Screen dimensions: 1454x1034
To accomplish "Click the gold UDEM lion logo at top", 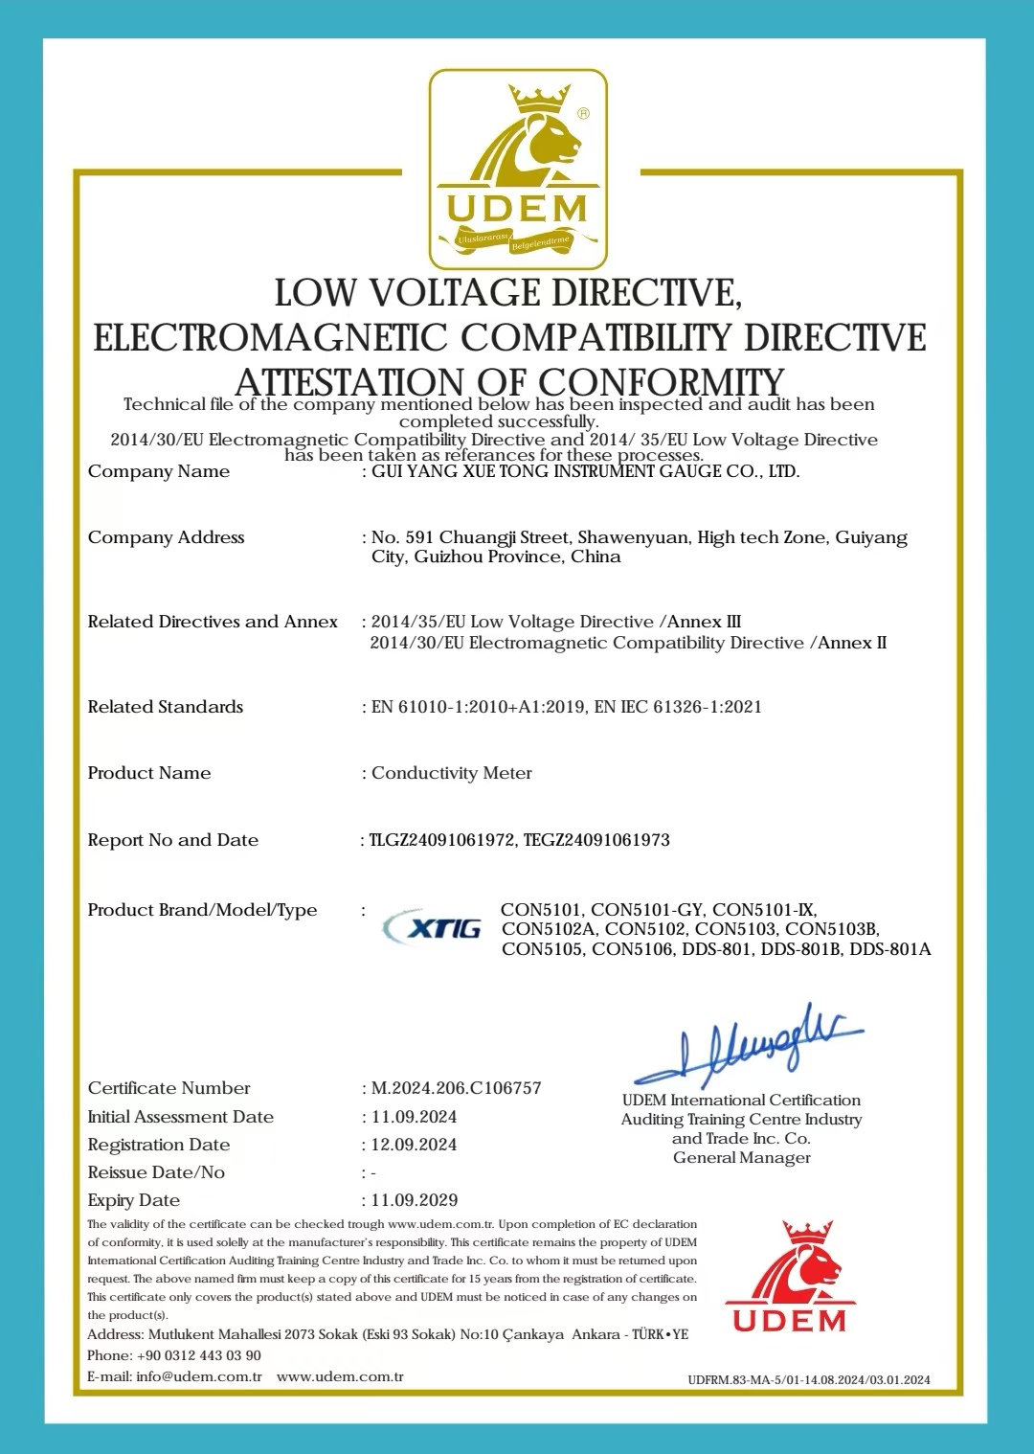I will point(518,169).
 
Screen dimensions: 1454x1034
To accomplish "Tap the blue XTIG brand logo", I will point(433,927).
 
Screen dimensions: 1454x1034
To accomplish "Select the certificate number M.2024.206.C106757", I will point(457,1088).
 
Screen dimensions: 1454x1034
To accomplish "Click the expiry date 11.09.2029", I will point(415,1200).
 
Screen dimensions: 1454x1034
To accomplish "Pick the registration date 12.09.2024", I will point(415,1145).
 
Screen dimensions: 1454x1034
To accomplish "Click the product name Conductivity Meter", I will point(452,773).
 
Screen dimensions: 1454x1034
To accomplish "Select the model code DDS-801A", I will point(890,949).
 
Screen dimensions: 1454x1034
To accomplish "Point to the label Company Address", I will point(167,537).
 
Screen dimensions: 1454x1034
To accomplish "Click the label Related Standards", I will point(166,707).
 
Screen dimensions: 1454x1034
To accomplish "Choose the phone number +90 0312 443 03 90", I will point(199,1355).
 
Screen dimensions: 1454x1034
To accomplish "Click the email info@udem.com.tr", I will point(199,1376).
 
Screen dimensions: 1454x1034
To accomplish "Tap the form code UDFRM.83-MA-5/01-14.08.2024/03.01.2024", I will point(809,1380).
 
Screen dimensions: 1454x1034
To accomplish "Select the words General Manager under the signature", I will point(742,1157).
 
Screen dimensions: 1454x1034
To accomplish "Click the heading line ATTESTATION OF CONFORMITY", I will point(510,381).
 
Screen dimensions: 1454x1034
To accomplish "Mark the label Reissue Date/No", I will point(156,1172).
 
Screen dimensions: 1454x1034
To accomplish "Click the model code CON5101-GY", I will point(647,910).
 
